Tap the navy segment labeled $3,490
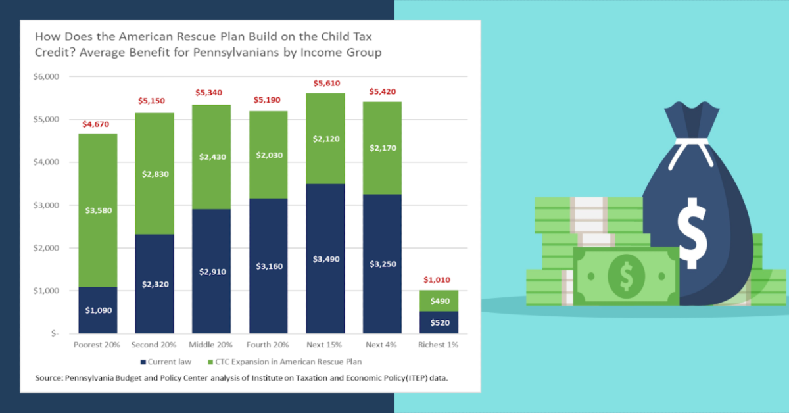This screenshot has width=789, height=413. point(326,258)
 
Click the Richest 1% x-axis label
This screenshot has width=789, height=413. point(438,345)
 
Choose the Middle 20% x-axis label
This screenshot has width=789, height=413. point(210,345)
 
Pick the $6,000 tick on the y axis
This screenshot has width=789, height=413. point(46,77)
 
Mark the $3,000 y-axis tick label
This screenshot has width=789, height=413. point(46,205)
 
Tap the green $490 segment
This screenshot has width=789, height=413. point(439,301)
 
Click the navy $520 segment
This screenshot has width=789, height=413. point(439,322)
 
